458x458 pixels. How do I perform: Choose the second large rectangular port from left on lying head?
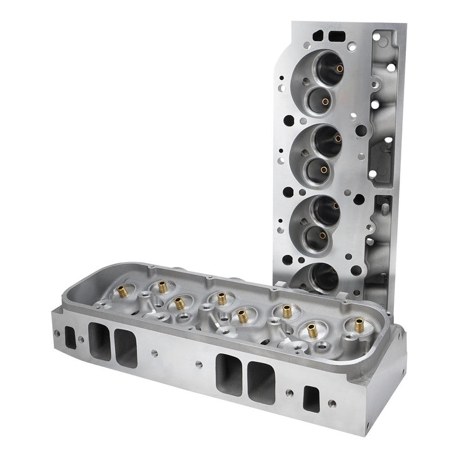point(125,349)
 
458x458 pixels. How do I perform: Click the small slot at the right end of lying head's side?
point(313,397)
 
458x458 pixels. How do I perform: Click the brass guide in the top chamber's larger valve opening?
point(339,70)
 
